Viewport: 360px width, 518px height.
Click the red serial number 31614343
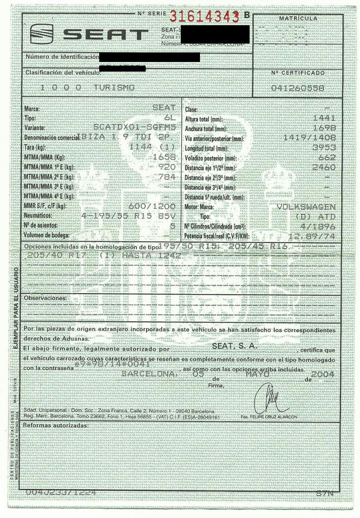204,17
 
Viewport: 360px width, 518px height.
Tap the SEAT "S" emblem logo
42,34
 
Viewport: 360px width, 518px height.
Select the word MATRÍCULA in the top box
298,18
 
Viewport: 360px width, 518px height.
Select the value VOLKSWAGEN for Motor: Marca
306,207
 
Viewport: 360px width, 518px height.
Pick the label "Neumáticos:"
38,216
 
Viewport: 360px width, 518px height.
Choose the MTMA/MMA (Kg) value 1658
164,157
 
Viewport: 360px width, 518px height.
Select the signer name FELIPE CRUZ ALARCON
272,417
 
